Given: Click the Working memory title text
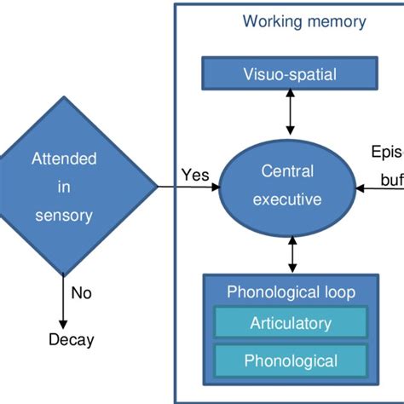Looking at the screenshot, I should coord(303,21).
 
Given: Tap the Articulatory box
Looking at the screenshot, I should coord(291,323).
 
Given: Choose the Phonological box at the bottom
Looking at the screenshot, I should coord(291,360).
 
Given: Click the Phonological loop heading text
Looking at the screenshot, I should coord(291,292).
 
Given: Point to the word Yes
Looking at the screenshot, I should coord(194,175).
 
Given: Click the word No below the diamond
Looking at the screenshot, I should coord(81,292).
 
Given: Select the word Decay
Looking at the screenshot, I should coord(71,340).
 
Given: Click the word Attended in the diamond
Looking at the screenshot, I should coord(64,159).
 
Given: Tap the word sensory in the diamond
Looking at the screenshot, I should coord(63,215).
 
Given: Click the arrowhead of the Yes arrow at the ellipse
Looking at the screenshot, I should coord(215,187).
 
